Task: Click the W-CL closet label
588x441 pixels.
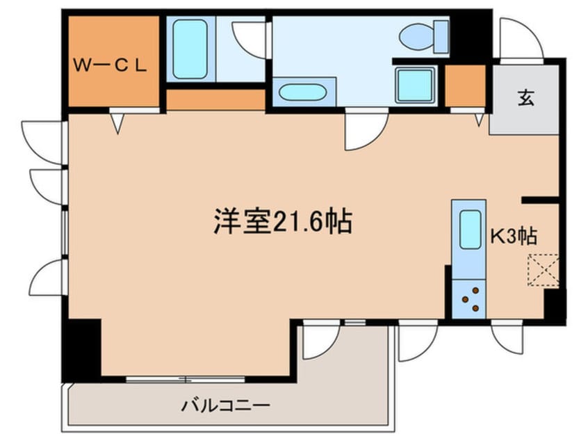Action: [111, 67]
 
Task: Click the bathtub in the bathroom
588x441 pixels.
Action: [189, 49]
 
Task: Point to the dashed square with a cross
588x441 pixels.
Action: [543, 270]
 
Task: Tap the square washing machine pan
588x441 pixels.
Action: [415, 86]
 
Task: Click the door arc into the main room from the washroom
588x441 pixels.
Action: [366, 131]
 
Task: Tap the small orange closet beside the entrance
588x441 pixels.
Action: [464, 86]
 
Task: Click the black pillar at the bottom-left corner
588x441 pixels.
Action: [81, 347]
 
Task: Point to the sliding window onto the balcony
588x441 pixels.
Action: [186, 379]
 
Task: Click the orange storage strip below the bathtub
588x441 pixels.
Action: [216, 99]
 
